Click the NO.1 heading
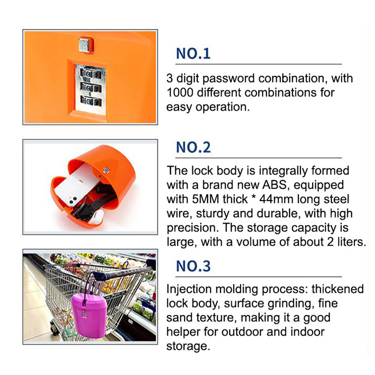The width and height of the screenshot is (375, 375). [x=193, y=53]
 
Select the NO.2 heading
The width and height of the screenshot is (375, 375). [x=193, y=147]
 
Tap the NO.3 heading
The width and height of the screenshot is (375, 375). [x=193, y=266]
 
